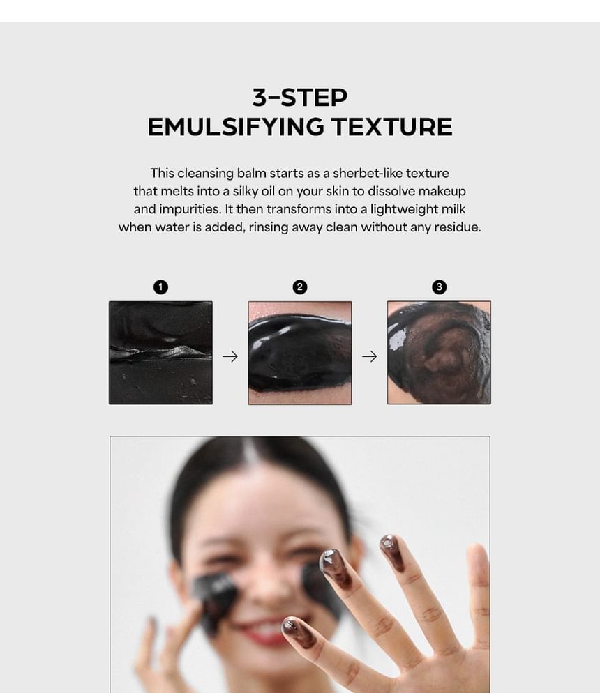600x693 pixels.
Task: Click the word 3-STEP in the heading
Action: click(300, 97)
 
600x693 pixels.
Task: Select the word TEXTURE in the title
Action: click(392, 127)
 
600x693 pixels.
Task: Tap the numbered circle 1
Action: click(160, 287)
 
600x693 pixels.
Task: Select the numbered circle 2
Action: click(300, 287)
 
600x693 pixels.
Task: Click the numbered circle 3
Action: click(439, 287)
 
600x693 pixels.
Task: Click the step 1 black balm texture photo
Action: click(160, 353)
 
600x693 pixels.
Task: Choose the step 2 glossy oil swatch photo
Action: click(300, 353)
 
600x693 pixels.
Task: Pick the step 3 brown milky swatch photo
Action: click(439, 353)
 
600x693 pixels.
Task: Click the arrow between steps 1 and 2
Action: click(230, 356)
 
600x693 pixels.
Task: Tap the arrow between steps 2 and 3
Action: click(370, 356)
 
